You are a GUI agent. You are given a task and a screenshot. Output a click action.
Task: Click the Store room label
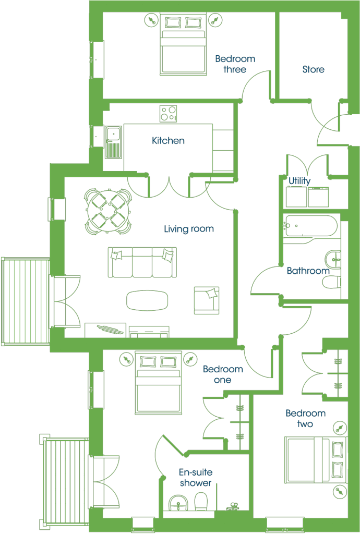tap(314, 69)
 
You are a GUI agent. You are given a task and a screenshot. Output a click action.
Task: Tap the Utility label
tap(299, 181)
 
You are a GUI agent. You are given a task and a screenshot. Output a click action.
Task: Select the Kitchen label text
tap(168, 141)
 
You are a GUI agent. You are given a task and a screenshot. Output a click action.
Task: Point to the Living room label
tap(189, 229)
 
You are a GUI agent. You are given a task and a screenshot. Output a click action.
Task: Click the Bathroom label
tap(308, 271)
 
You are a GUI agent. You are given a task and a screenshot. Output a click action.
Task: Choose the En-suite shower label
tap(196, 478)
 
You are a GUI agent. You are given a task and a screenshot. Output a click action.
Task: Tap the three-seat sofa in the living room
tap(142, 262)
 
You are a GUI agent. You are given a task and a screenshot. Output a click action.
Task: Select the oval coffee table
tap(147, 300)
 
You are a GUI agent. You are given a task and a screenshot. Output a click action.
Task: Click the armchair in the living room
tap(207, 300)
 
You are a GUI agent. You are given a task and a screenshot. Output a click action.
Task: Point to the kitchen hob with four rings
tap(169, 114)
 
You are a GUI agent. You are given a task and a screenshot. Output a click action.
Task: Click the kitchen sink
tap(113, 142)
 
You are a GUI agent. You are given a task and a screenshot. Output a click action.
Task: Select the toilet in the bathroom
tap(332, 282)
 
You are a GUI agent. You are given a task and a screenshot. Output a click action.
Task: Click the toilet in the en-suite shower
tap(201, 502)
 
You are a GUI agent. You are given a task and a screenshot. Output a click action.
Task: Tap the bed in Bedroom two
tap(316, 460)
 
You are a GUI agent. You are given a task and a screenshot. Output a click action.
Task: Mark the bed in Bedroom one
tap(158, 383)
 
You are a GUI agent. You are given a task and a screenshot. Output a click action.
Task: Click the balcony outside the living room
tap(26, 301)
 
